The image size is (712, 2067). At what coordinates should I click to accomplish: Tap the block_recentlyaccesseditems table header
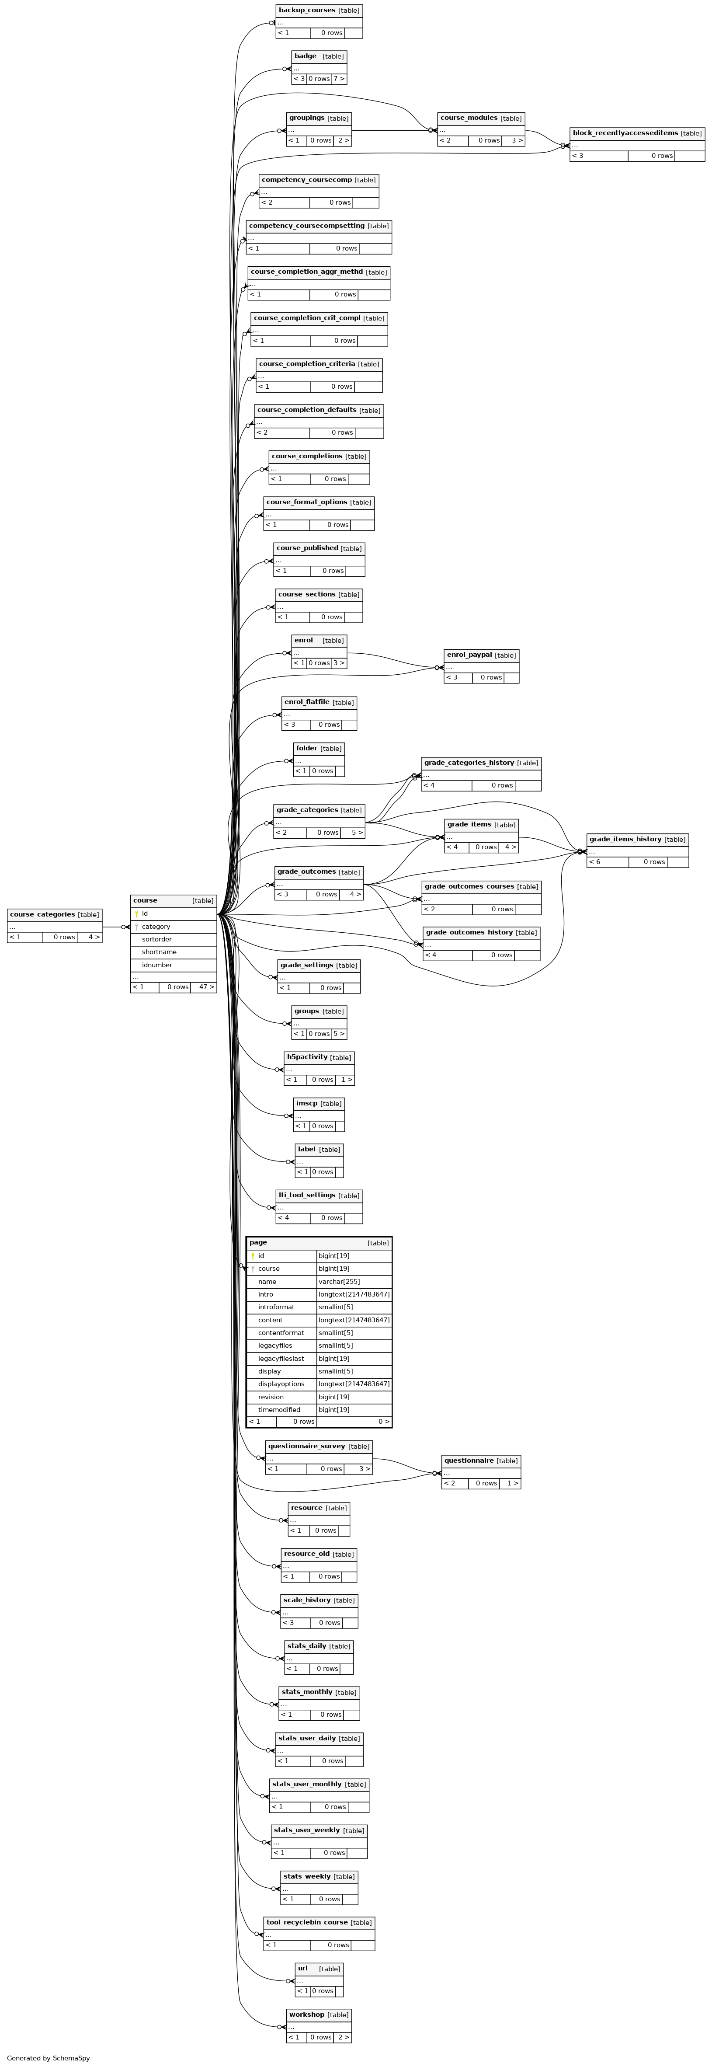[637, 133]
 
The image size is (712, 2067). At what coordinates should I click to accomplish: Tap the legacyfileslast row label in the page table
[281, 1359]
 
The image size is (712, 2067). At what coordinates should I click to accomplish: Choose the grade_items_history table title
[625, 839]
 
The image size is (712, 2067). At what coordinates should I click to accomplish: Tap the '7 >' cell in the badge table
[339, 79]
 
